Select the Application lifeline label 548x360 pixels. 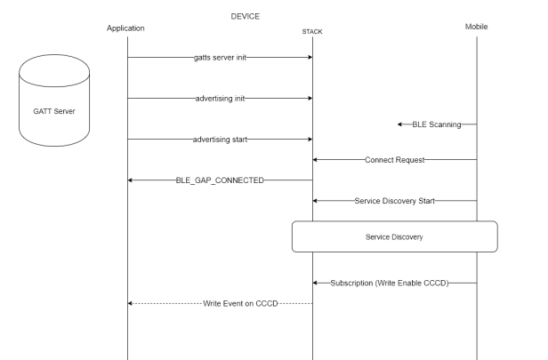[x=125, y=28]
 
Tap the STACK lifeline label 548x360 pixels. [x=312, y=33]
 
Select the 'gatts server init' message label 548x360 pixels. [x=220, y=57]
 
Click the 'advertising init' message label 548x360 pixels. [x=220, y=98]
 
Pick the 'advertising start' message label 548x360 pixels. [x=220, y=139]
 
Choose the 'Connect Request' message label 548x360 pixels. [x=394, y=160]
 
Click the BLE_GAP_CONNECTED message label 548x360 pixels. [x=220, y=180]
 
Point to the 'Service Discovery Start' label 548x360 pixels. [x=394, y=201]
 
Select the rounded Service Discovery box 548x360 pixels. [x=394, y=237]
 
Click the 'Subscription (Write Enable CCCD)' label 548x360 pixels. [x=389, y=283]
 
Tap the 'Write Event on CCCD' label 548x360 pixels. [x=240, y=303]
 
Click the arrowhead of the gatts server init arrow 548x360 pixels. [x=309, y=57]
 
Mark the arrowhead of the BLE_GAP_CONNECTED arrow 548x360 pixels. [x=132, y=180]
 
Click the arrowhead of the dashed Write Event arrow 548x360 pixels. [x=132, y=303]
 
